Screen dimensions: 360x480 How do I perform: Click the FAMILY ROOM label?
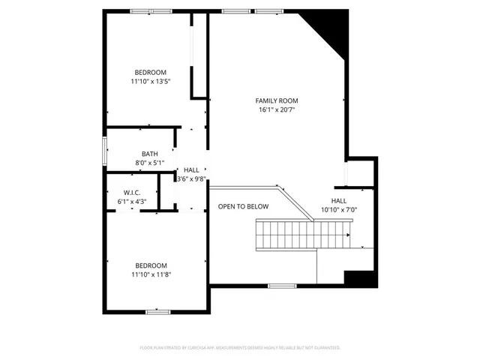(x=277, y=100)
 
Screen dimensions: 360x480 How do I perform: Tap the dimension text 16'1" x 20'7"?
(x=277, y=109)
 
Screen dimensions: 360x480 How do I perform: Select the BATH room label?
(x=149, y=154)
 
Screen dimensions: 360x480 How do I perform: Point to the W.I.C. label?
(x=132, y=192)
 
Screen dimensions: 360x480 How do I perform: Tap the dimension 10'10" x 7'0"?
(x=339, y=210)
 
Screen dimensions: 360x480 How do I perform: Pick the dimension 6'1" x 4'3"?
(x=132, y=201)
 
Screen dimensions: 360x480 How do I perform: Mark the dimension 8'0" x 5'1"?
(x=149, y=163)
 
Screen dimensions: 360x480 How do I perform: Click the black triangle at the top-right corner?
(x=330, y=26)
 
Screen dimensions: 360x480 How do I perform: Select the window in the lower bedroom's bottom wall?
(x=158, y=311)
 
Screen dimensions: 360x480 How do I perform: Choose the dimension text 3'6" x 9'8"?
(x=191, y=179)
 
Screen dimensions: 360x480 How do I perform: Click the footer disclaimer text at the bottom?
(x=240, y=347)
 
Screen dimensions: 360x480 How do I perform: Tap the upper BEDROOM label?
(x=150, y=72)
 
